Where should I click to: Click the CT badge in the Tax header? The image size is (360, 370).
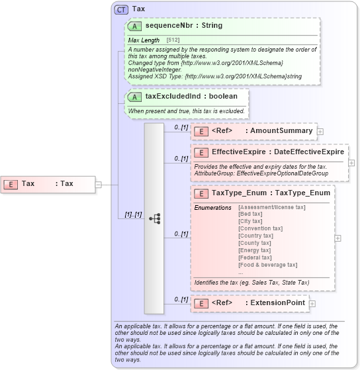[121, 9]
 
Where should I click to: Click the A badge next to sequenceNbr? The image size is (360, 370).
[134, 26]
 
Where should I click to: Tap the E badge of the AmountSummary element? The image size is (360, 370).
[200, 131]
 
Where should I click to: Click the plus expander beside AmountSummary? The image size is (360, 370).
[320, 131]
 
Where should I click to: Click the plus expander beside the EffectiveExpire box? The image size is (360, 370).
[351, 162]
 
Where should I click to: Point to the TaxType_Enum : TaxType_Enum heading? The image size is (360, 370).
[271, 193]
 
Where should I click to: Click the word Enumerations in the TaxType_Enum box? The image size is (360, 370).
[212, 207]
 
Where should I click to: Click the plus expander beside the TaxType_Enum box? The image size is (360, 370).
[338, 238]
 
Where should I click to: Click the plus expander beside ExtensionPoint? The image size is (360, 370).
[312, 303]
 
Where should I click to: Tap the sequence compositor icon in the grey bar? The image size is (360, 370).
[154, 218]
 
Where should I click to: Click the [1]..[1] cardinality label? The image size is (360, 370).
[133, 214]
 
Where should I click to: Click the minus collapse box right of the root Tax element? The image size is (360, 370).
[98, 184]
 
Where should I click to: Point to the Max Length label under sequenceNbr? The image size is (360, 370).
[144, 40]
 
